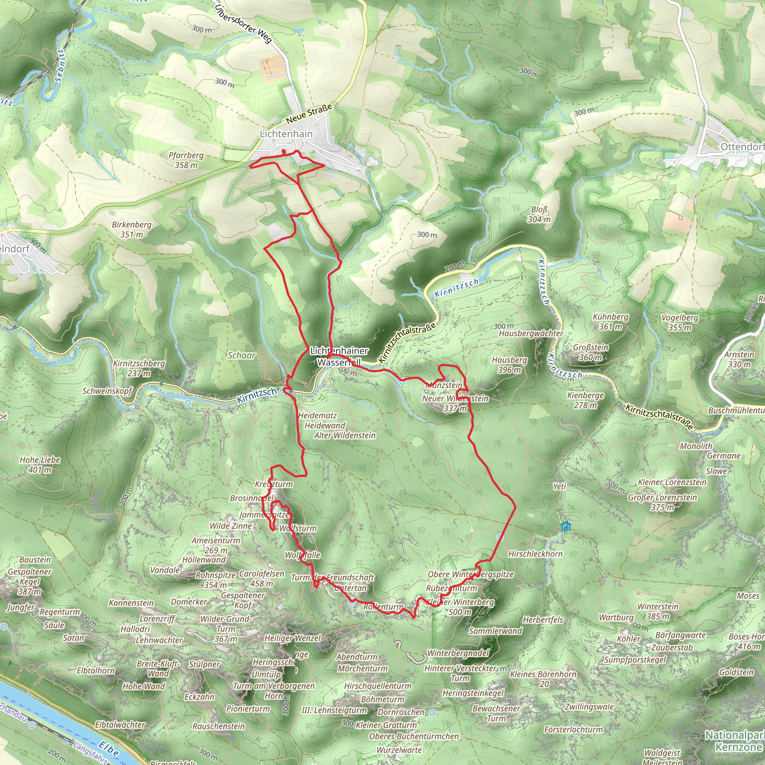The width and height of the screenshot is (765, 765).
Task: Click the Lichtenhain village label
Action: [x=286, y=134]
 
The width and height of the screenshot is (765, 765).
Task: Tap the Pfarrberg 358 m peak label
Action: [x=186, y=160]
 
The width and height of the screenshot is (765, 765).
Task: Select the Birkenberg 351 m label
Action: [x=131, y=229]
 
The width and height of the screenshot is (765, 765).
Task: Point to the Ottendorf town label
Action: [x=741, y=147]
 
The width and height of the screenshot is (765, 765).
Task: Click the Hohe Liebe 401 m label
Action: [x=40, y=464]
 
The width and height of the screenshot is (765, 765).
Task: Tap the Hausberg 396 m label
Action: [x=509, y=365]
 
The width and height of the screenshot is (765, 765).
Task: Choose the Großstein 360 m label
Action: [x=591, y=352]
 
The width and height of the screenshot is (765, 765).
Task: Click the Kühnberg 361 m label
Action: [x=610, y=322]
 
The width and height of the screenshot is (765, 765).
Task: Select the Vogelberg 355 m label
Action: [x=679, y=322]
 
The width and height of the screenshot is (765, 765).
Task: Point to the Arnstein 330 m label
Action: [x=739, y=359]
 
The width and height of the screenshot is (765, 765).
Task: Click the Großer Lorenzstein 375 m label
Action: [x=662, y=502]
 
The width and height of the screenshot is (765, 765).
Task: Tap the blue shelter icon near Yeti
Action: [x=566, y=526]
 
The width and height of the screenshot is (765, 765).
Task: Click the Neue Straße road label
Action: [x=309, y=114]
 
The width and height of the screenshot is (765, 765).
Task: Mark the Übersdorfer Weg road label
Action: [x=244, y=24]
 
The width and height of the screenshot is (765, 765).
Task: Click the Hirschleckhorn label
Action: [x=535, y=554]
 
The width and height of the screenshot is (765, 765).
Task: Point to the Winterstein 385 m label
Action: [x=658, y=611]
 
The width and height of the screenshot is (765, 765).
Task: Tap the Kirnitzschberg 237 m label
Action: [x=139, y=368]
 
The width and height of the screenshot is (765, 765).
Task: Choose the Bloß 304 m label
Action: [x=539, y=214]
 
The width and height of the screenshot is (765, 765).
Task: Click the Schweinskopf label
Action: [x=107, y=391]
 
